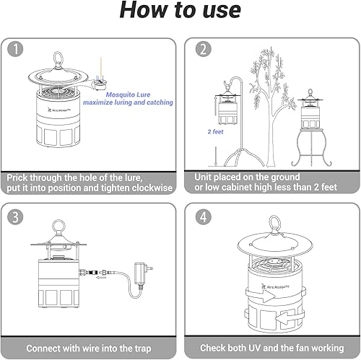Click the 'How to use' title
click(x=180, y=12)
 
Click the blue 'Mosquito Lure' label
click(x=129, y=95)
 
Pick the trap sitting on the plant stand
click(x=314, y=112)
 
